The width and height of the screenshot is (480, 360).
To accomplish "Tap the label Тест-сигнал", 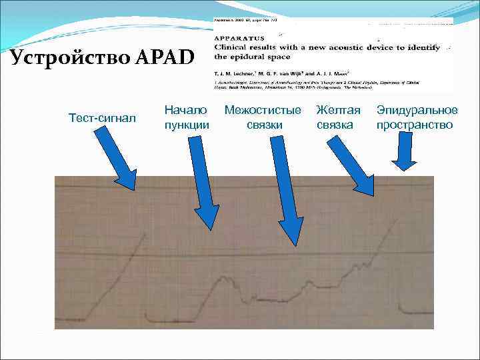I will (102, 118).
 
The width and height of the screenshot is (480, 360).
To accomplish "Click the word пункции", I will (186, 125).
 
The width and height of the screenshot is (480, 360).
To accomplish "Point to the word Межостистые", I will (263, 109).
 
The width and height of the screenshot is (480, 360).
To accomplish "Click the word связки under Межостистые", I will (264, 125).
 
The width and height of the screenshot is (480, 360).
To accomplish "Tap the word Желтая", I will (338, 109).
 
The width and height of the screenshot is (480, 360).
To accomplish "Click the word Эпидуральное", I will (417, 109).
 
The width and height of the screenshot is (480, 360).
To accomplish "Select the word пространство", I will (415, 125).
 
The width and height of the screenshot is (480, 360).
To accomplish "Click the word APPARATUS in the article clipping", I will (239, 39).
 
